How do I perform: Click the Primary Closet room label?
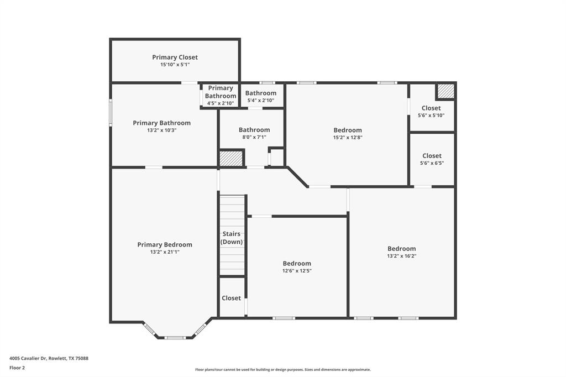tap(175, 57)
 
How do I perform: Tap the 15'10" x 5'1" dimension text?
tap(175, 65)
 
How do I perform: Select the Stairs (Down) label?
tap(232, 238)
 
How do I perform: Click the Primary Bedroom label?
tap(165, 244)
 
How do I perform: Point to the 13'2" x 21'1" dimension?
tap(165, 252)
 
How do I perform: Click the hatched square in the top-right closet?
tap(446, 91)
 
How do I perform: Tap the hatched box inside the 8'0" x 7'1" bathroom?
tap(231, 159)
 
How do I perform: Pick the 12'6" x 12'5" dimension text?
tap(297, 271)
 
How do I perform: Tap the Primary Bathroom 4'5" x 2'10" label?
tap(221, 96)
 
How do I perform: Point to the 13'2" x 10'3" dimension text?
tap(161, 130)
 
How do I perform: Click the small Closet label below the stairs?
tap(231, 298)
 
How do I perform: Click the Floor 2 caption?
tap(17, 368)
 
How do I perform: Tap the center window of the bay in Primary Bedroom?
tap(175, 337)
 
